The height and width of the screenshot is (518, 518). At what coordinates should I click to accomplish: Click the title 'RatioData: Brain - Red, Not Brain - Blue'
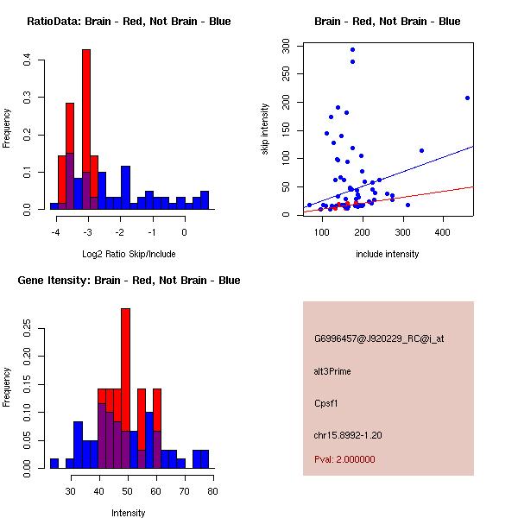(x=129, y=22)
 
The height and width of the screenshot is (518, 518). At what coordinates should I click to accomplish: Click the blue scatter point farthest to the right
(x=467, y=98)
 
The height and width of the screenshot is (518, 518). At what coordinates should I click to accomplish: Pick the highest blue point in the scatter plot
(x=352, y=49)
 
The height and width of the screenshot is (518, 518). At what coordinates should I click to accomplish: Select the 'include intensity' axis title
(x=388, y=254)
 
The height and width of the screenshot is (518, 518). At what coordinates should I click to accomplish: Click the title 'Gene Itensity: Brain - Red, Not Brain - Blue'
(x=129, y=281)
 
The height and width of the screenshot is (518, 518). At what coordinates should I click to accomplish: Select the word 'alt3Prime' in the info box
(x=332, y=372)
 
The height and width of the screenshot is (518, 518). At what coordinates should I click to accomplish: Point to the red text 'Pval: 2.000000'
(x=344, y=459)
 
